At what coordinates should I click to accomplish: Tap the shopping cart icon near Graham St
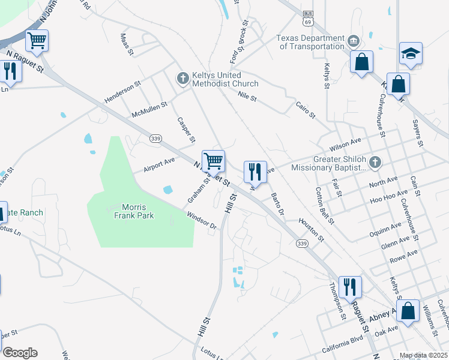click(x=213, y=161)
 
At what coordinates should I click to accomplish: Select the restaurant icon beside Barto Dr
click(x=255, y=172)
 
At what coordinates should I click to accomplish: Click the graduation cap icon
click(x=411, y=53)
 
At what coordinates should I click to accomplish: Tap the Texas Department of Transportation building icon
click(x=354, y=41)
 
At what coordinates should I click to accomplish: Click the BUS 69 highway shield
click(x=309, y=18)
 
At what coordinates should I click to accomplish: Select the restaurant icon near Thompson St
click(x=349, y=287)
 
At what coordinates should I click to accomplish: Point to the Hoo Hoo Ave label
click(x=385, y=200)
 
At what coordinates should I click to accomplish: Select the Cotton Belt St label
click(x=325, y=205)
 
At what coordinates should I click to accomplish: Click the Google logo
click(x=19, y=353)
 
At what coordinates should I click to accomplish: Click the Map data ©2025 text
click(x=423, y=355)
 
